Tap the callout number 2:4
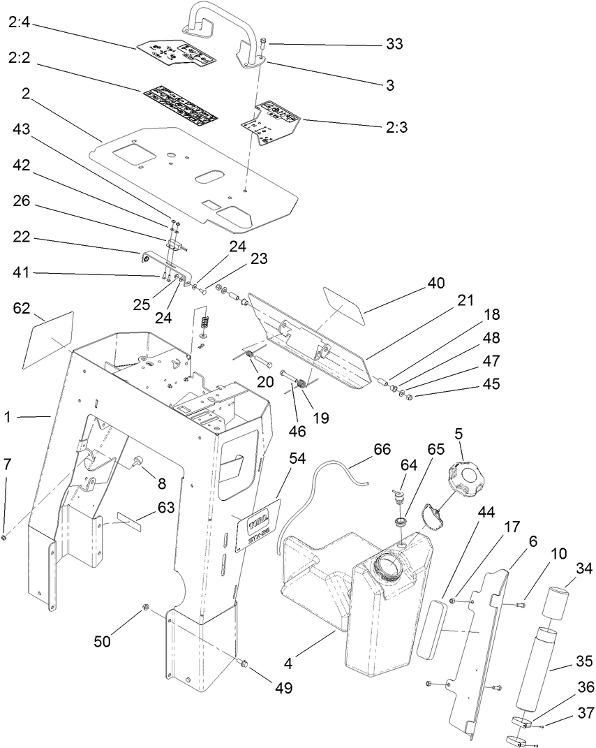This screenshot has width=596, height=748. coord(20,23)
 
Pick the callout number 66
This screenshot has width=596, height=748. coord(382,449)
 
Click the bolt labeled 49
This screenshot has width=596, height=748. coord(244,661)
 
